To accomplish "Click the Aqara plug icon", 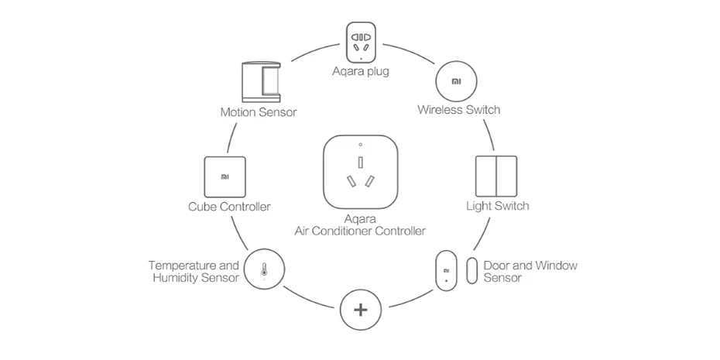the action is point(361,43).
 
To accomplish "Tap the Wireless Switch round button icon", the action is point(456,81).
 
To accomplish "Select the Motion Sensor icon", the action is point(261,82).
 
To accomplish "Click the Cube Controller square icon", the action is point(225,177).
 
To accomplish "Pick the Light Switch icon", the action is point(496,177).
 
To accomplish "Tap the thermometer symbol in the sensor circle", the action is point(263,269).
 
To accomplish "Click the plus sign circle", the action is point(361,310).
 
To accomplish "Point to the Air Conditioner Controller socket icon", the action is point(361,172).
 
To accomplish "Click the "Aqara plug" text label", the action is point(361,72).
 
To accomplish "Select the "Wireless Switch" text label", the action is point(459,110).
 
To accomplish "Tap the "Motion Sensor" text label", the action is point(259,112).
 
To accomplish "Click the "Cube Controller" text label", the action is point(229,207).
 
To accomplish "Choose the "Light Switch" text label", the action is point(497,206).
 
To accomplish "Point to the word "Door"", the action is point(495,266).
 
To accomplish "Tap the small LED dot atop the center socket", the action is point(361,145).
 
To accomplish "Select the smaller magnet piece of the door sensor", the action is point(471,271).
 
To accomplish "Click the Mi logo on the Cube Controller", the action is point(225,177).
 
